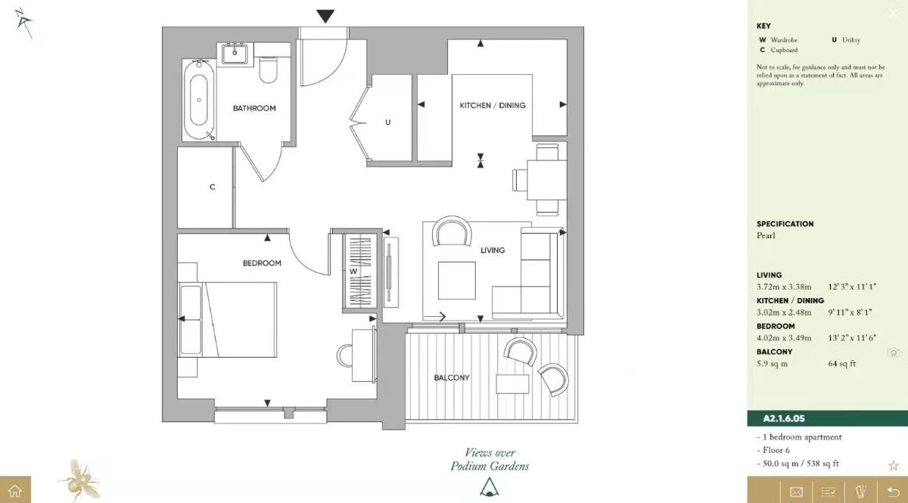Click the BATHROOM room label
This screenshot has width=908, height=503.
tap(254, 108)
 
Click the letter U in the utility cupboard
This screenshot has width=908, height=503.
tap(387, 122)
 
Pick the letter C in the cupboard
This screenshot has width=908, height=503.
tap(213, 187)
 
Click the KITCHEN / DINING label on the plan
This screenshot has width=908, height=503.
tap(493, 105)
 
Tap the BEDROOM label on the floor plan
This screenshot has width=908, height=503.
tap(262, 263)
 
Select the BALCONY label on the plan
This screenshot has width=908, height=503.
tap(452, 377)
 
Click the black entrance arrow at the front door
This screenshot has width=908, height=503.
tap(325, 16)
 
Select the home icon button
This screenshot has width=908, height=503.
tap(15, 490)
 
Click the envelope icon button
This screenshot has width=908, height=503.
tap(796, 491)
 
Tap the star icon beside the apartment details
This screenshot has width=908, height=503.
tap(894, 465)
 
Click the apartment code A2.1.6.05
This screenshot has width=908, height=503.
tap(783, 418)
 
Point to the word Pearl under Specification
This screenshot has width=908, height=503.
tap(766, 235)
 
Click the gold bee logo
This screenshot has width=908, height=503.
tap(78, 479)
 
